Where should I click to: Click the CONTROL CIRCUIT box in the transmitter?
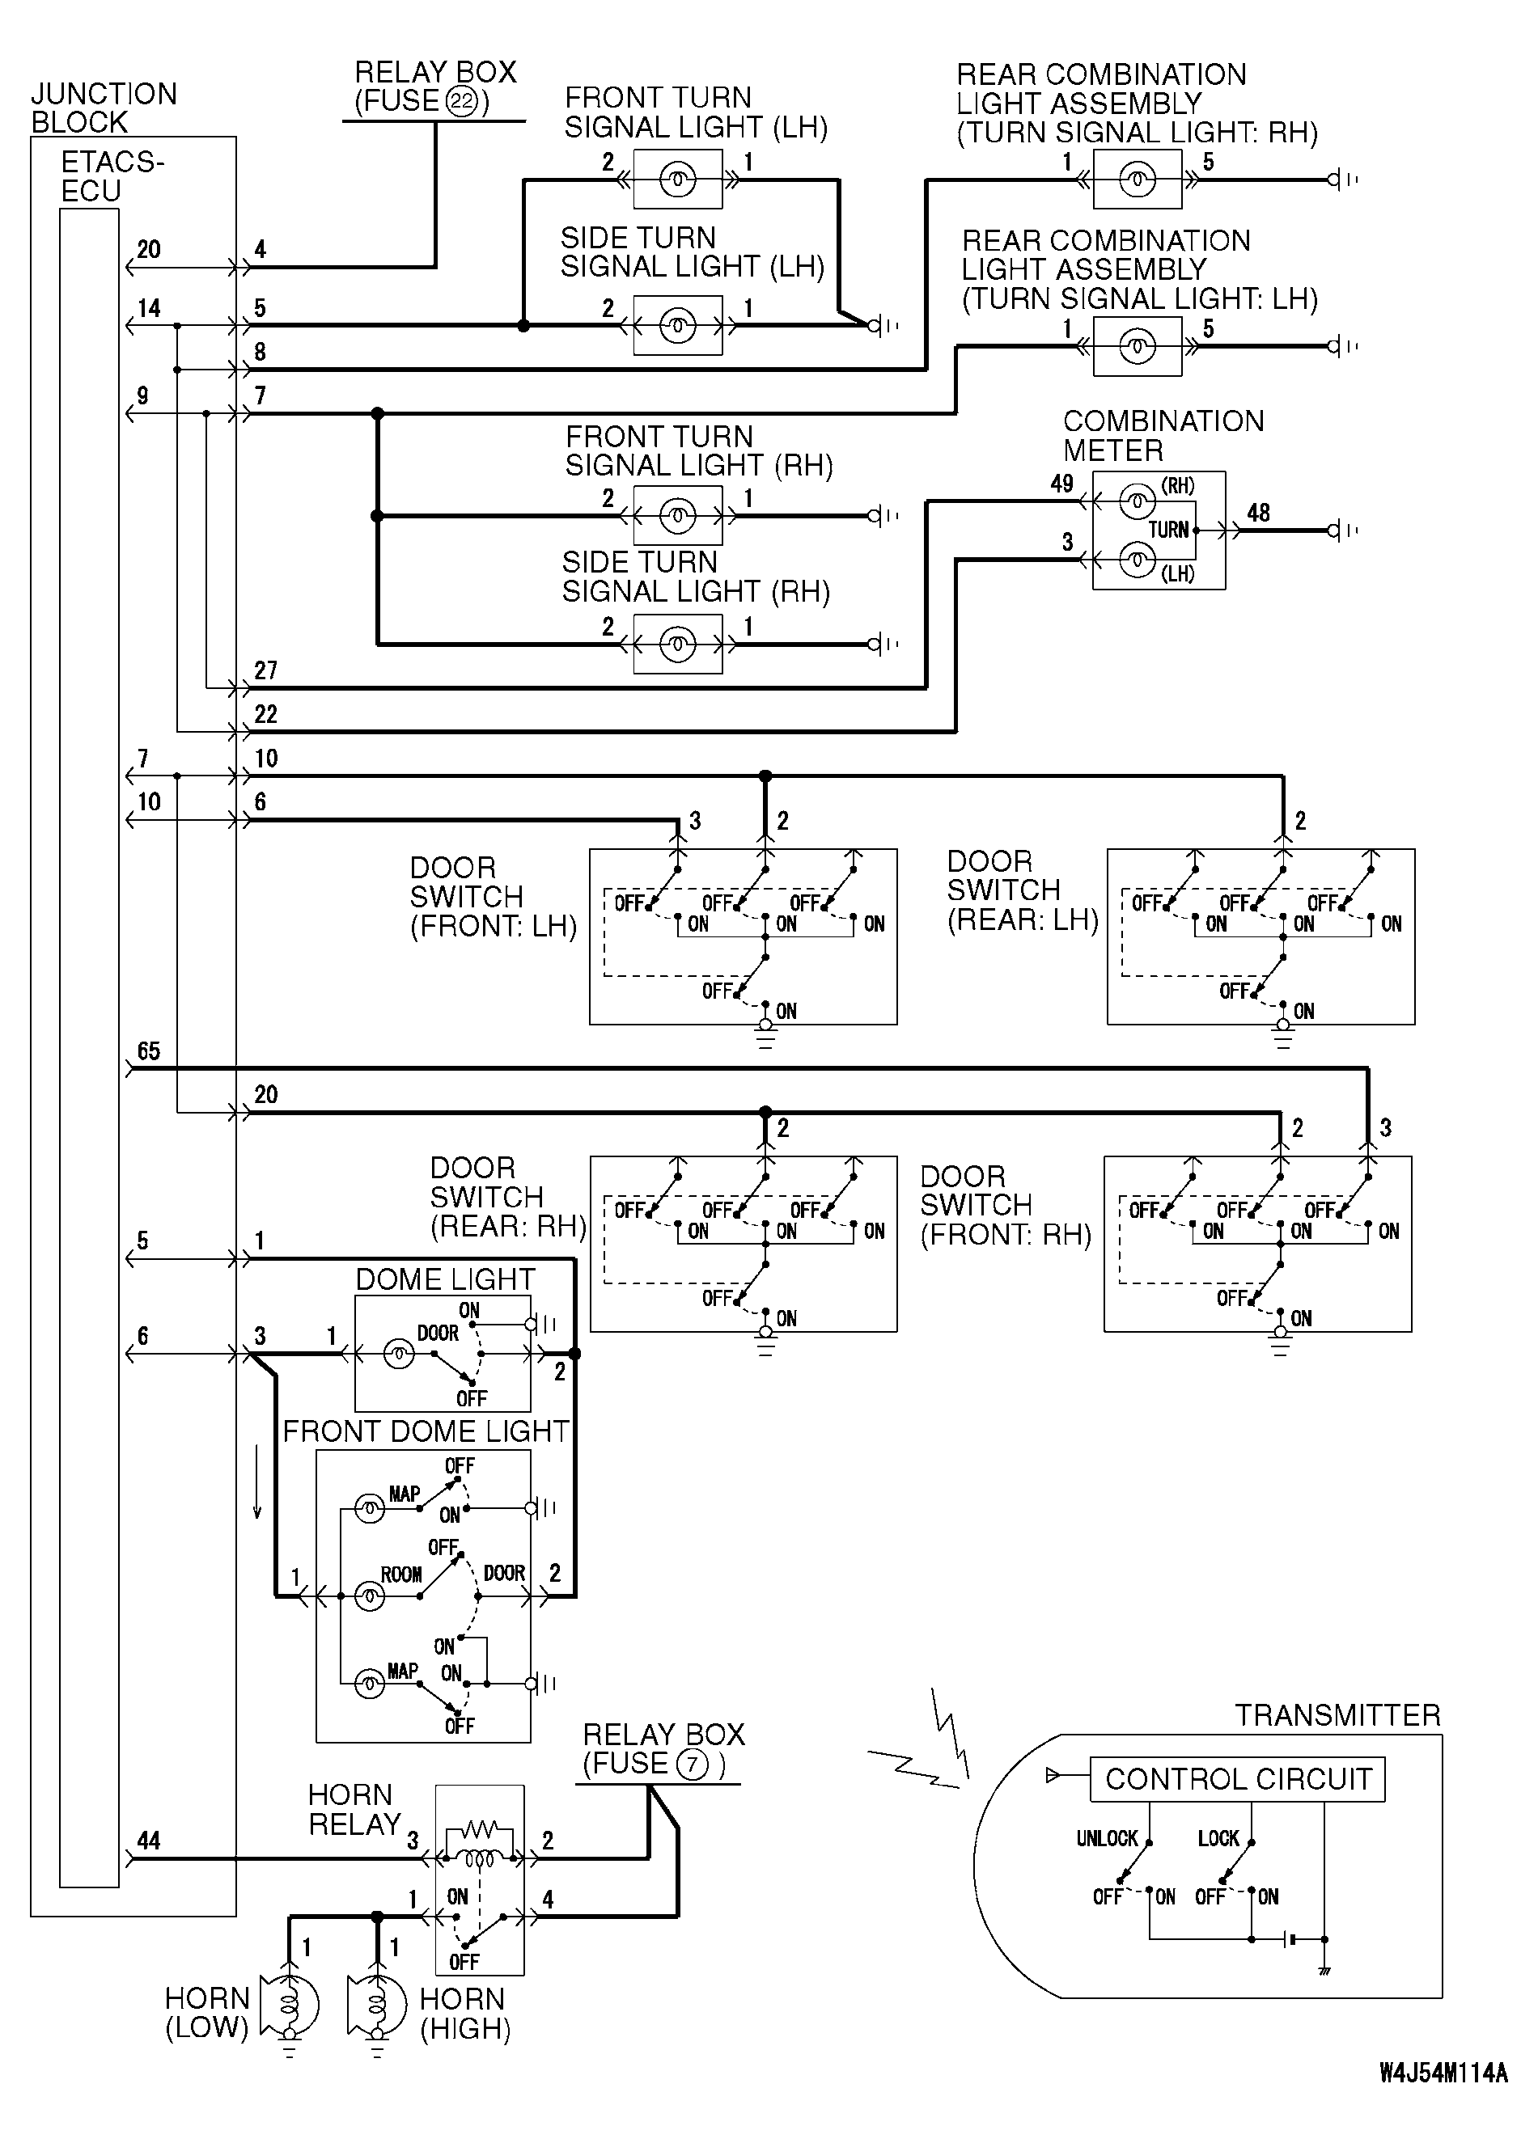(1236, 1779)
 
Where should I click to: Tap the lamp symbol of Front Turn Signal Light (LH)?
(678, 180)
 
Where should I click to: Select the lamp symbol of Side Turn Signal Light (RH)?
(678, 645)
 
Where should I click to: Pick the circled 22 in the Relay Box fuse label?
(461, 101)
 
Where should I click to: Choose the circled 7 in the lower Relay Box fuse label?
(693, 1764)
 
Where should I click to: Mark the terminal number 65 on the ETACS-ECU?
(148, 1050)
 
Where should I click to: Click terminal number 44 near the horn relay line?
(148, 1840)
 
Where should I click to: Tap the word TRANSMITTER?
(1337, 1715)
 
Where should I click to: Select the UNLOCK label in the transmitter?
(1107, 1838)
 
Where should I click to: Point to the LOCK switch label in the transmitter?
(1218, 1838)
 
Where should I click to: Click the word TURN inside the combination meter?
(1167, 529)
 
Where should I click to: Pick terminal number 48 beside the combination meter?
(1258, 513)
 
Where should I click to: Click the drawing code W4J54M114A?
(1443, 2073)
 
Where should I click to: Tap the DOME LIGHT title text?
(445, 1279)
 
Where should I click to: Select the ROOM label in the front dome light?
(400, 1574)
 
